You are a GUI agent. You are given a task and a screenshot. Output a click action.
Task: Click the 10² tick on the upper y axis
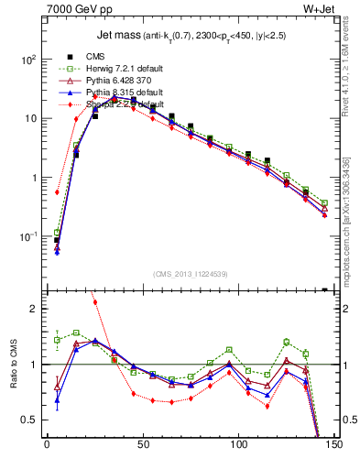coord(27,59)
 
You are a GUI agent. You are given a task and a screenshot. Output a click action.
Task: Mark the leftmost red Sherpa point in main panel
coord(57,192)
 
